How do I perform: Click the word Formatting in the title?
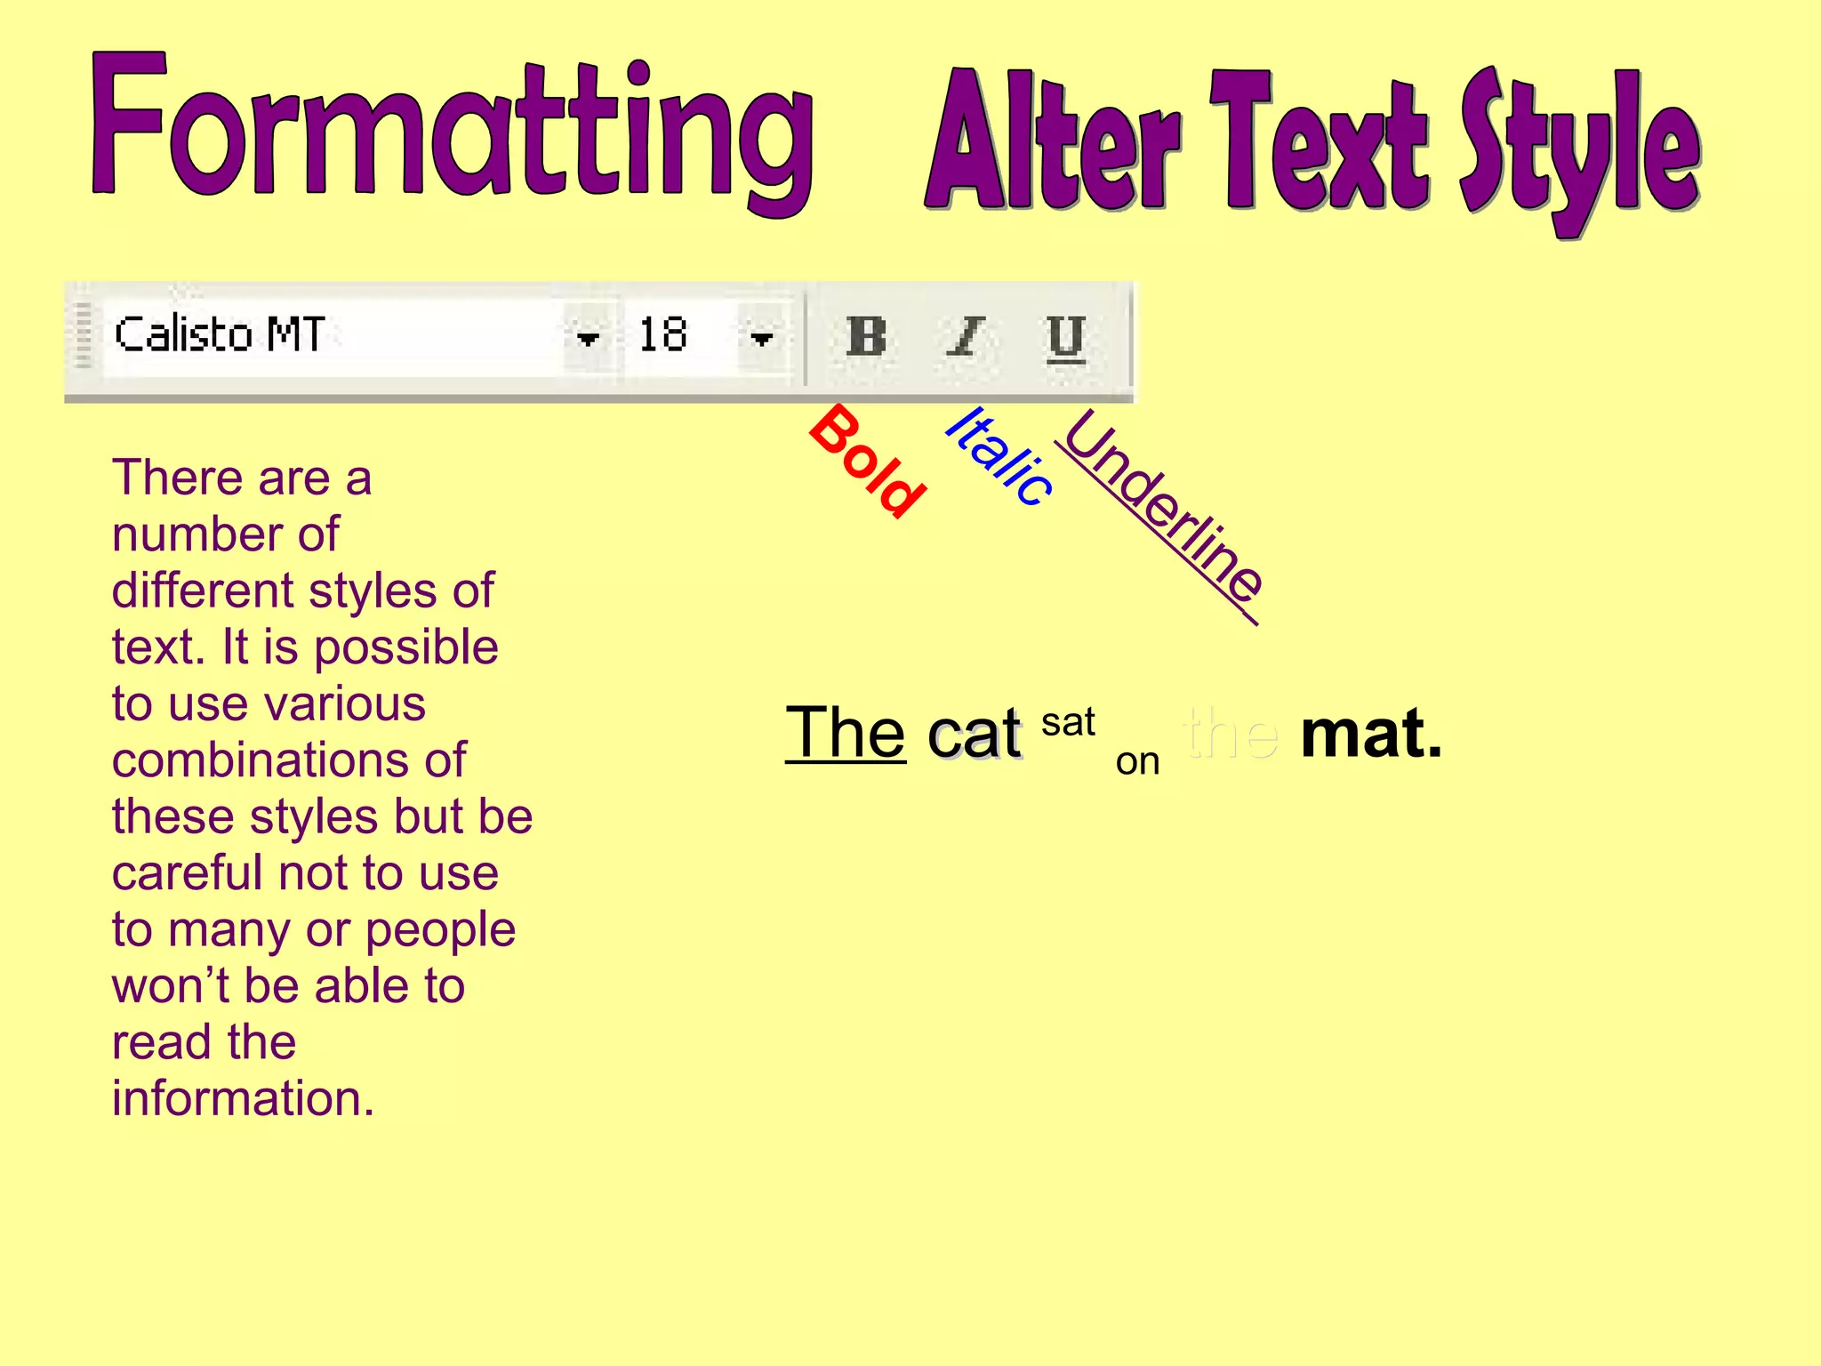(452, 133)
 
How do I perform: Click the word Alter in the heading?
(1053, 142)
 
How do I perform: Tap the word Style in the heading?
(1579, 147)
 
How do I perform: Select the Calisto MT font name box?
(329, 335)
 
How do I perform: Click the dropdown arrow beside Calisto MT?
(588, 338)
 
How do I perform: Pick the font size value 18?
(664, 335)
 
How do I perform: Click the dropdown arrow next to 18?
(761, 338)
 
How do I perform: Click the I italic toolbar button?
(966, 337)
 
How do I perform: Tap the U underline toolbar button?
(1065, 337)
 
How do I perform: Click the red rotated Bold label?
(868, 461)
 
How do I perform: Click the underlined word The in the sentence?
(845, 733)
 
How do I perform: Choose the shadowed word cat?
(975, 735)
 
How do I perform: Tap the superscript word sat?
(1068, 722)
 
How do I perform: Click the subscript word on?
(1137, 761)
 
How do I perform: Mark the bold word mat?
(1370, 735)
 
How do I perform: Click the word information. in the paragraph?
(243, 1098)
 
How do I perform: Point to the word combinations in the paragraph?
(288, 760)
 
